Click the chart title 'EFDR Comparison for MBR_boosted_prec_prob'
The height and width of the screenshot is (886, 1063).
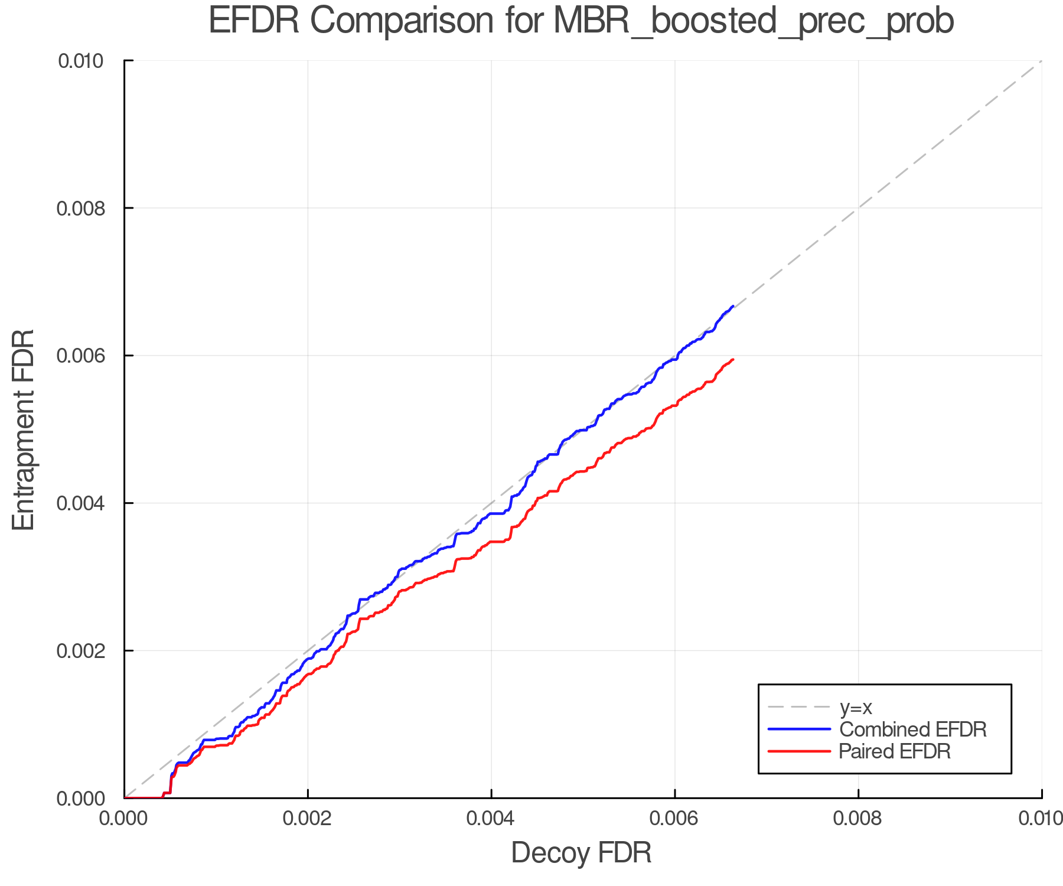click(581, 21)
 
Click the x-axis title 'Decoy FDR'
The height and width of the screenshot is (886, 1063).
click(581, 853)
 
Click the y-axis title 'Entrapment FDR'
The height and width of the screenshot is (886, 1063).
click(24, 430)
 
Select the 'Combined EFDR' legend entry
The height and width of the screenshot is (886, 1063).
click(912, 729)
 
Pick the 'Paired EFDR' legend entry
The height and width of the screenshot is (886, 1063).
click(895, 751)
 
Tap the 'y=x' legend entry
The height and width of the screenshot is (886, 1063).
click(856, 707)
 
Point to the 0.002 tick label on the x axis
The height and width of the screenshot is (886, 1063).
click(308, 819)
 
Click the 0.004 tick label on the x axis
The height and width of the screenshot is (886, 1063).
click(491, 819)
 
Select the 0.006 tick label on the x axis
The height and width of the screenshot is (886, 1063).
click(675, 819)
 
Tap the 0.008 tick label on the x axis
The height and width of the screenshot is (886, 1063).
click(858, 819)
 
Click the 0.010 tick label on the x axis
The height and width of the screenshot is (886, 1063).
click(1041, 819)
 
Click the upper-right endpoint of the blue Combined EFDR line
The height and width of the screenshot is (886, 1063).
click(733, 306)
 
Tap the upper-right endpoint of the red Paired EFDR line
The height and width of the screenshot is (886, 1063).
click(733, 359)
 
